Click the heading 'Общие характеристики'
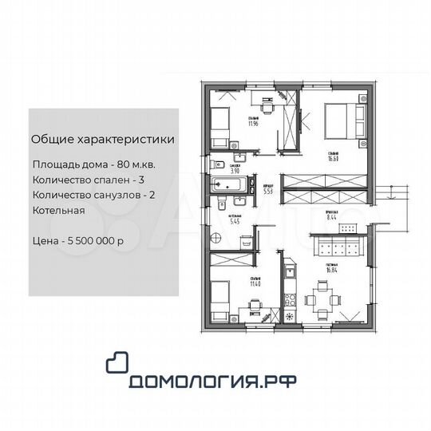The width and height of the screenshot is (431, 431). [x=103, y=139]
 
